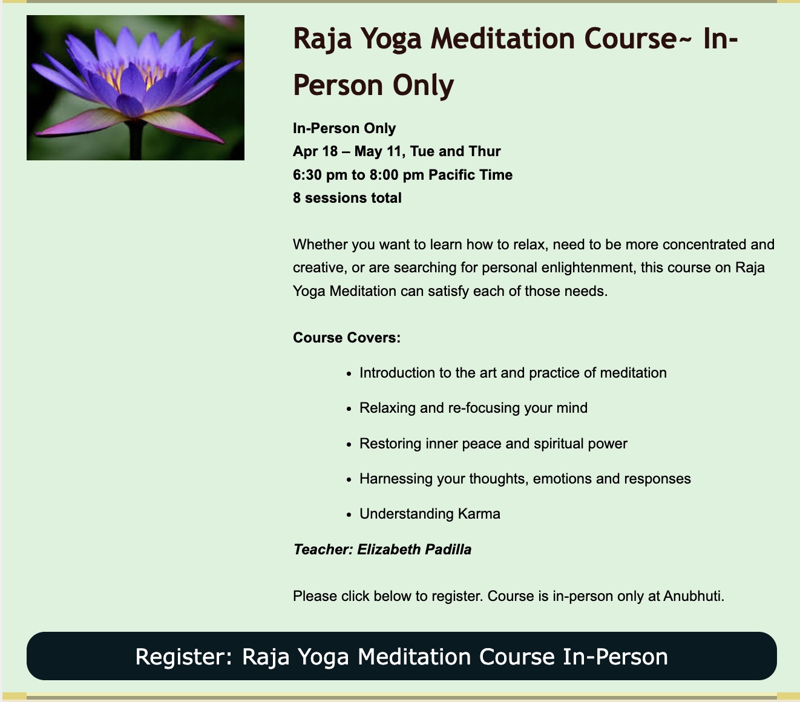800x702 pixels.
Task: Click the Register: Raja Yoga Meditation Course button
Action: (x=402, y=656)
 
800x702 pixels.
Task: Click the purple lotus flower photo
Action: (x=136, y=88)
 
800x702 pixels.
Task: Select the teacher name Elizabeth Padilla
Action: (x=414, y=549)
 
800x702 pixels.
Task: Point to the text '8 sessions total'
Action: (x=347, y=198)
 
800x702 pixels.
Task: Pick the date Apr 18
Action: (x=315, y=151)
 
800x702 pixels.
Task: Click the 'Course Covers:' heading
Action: (x=347, y=338)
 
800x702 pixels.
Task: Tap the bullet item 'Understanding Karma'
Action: (x=430, y=514)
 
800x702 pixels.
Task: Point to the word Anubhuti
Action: (x=693, y=595)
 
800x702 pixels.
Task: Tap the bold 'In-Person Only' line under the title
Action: (x=344, y=128)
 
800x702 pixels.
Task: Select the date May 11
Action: (x=378, y=151)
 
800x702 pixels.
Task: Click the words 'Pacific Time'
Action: (x=470, y=175)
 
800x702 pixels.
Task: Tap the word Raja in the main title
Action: (x=322, y=39)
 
